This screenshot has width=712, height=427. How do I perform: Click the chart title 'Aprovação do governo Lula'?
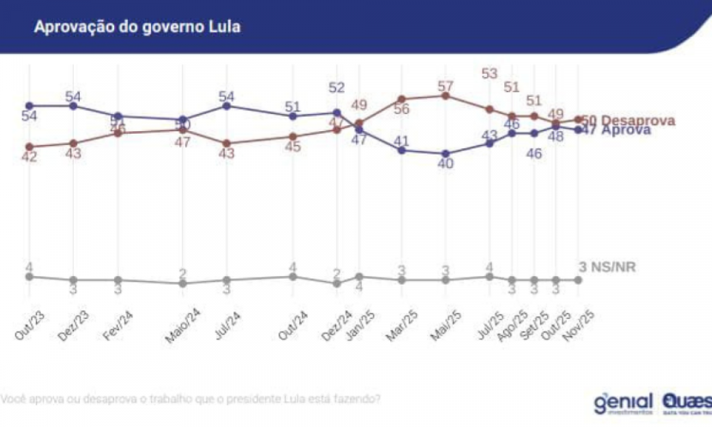tap(138, 27)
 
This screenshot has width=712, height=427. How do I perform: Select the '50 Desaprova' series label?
tap(628, 121)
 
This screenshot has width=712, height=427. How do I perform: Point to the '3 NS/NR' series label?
tap(608, 267)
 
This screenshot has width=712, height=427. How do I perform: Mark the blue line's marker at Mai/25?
tap(445, 153)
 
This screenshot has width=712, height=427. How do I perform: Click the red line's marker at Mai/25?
tap(445, 96)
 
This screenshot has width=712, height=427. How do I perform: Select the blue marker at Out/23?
tap(29, 105)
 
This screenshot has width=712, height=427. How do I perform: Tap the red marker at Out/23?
tap(29, 147)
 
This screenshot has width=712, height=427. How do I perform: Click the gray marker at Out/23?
tap(29, 276)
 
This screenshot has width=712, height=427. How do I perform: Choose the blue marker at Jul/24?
tap(226, 105)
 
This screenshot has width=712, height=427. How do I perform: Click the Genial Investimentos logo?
tap(623, 402)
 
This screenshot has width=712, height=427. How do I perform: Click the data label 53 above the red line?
tap(490, 73)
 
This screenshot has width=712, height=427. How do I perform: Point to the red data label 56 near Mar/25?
tap(402, 109)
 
